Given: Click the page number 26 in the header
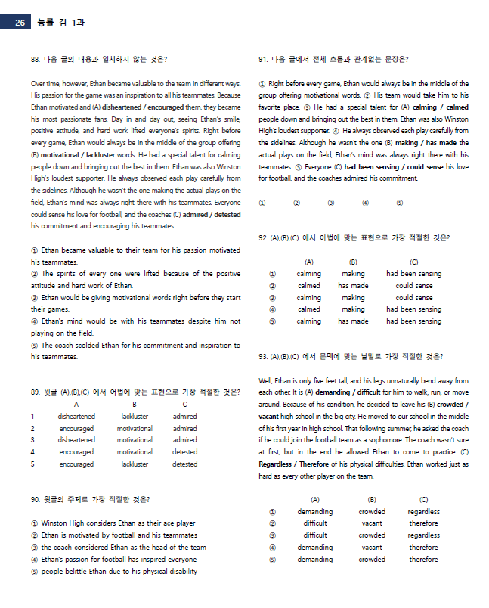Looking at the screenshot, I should point(20,23).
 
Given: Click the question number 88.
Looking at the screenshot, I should point(35,59).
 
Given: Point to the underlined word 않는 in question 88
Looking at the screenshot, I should point(136,59).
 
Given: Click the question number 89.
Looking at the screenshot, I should point(35,392).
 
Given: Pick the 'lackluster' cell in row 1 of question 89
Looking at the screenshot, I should point(135,416).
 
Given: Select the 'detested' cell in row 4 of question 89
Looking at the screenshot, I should point(184,452).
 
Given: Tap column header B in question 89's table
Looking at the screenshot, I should point(135,405).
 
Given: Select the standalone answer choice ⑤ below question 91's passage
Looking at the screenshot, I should point(399,203).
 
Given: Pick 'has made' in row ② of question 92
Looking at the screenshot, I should point(353,286).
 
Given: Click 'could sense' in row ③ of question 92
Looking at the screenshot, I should point(414,298).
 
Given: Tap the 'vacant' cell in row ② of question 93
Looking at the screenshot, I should point(371,523).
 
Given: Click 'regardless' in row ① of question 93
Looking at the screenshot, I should point(423,512).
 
